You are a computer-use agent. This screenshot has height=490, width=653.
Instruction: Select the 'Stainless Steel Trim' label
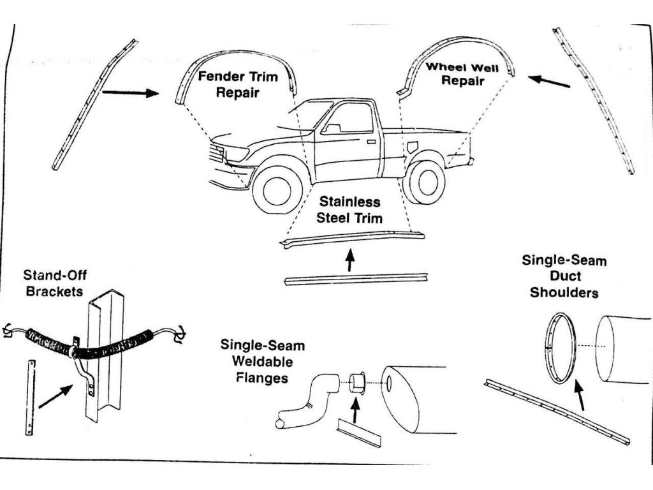click(350, 210)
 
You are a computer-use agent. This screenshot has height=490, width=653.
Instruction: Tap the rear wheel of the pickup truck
click(424, 182)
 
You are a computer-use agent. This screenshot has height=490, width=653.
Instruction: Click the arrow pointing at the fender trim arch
click(130, 93)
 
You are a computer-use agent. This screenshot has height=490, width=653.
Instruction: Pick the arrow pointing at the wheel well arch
click(549, 81)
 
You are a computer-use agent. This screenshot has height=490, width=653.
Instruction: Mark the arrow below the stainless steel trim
click(349, 260)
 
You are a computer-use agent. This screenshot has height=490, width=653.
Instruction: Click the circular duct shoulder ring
click(561, 348)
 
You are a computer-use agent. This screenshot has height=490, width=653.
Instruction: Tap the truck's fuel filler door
click(413, 146)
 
